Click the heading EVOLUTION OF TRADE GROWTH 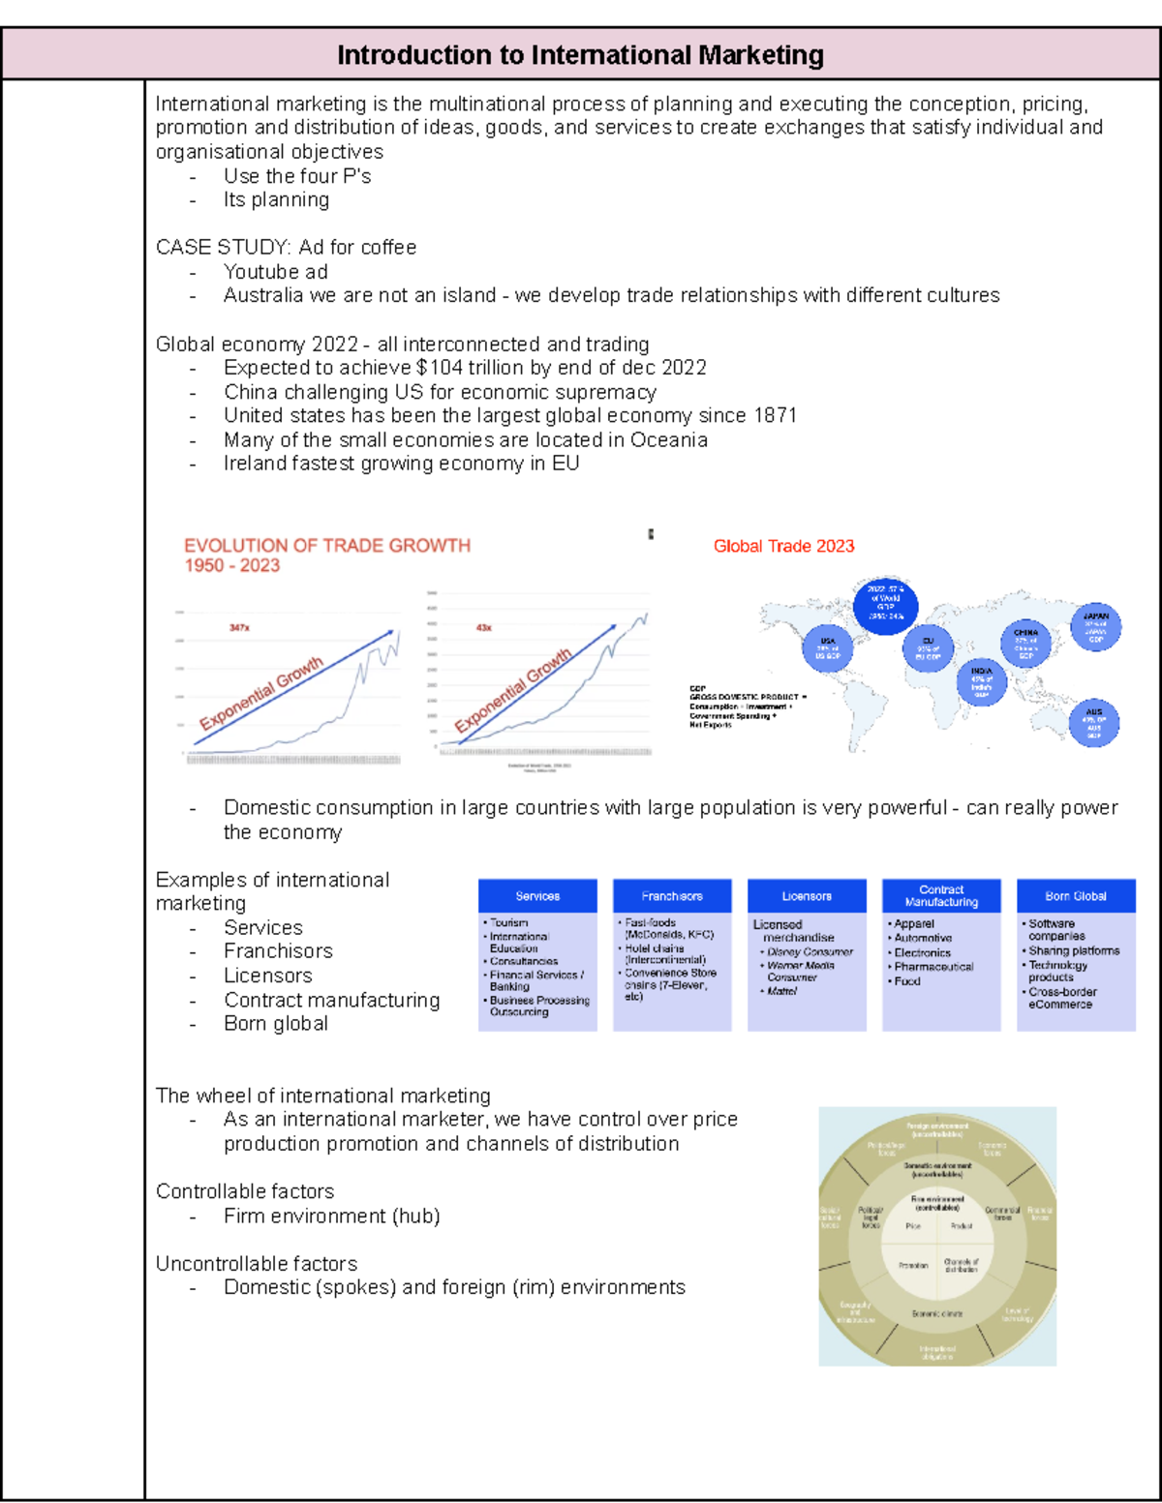327,546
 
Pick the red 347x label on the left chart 239,628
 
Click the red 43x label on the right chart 484,628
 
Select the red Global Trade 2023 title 783,546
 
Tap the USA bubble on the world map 828,648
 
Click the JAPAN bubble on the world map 1095,627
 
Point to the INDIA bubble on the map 981,681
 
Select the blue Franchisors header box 672,896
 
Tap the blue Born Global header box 1076,896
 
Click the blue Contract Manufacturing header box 941,896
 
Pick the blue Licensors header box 807,896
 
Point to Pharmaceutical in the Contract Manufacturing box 933,967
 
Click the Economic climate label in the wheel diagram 937,1314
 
